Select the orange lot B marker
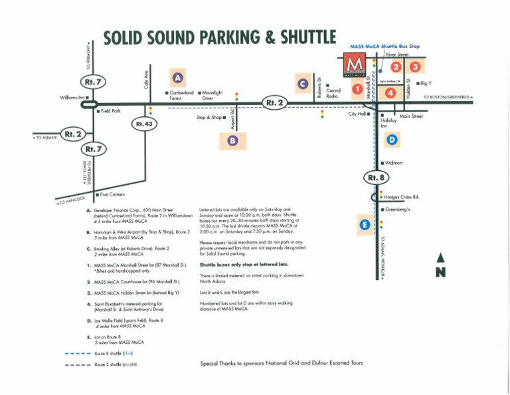(x=232, y=140)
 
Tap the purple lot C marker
(x=303, y=84)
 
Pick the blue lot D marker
(x=392, y=140)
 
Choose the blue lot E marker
(x=365, y=225)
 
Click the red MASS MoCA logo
(x=356, y=65)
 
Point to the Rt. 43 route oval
(x=144, y=124)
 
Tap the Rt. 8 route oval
(x=374, y=178)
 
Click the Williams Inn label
(x=74, y=98)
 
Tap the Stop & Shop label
(x=211, y=118)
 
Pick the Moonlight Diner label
(x=212, y=95)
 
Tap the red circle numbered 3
(x=415, y=66)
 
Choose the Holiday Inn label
(x=388, y=123)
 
